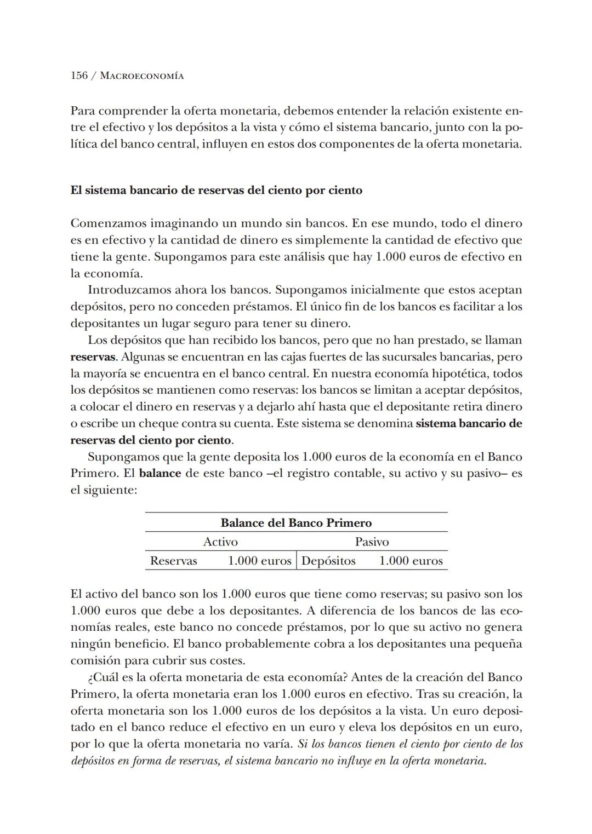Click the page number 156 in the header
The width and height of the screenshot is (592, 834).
[79, 76]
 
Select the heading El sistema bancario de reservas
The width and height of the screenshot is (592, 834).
[216, 191]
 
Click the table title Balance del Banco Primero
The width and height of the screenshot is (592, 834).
[296, 522]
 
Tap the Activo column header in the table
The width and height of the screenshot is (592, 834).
[220, 542]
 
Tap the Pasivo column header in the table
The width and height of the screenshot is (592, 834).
[372, 542]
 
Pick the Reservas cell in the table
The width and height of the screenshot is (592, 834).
[173, 561]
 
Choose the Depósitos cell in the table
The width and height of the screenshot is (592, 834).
[328, 561]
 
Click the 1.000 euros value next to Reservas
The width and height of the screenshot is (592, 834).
[259, 561]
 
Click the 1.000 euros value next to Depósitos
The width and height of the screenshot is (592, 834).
[411, 561]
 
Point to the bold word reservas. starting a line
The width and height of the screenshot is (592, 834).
[93, 357]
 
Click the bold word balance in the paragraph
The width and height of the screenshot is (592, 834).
[160, 473]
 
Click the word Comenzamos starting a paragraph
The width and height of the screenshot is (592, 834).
[108, 223]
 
